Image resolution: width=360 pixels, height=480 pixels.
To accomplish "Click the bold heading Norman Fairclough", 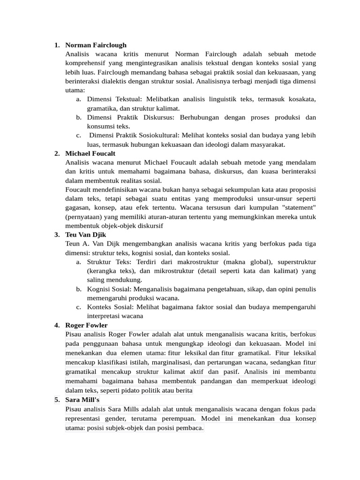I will [96, 45].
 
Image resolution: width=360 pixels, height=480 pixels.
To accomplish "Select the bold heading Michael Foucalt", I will [90, 153].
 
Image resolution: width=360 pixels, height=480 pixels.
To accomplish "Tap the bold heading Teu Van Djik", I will [86, 234].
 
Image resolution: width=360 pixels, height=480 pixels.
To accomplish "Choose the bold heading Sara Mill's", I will [82, 400].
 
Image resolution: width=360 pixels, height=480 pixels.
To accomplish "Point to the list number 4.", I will [56, 325].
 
